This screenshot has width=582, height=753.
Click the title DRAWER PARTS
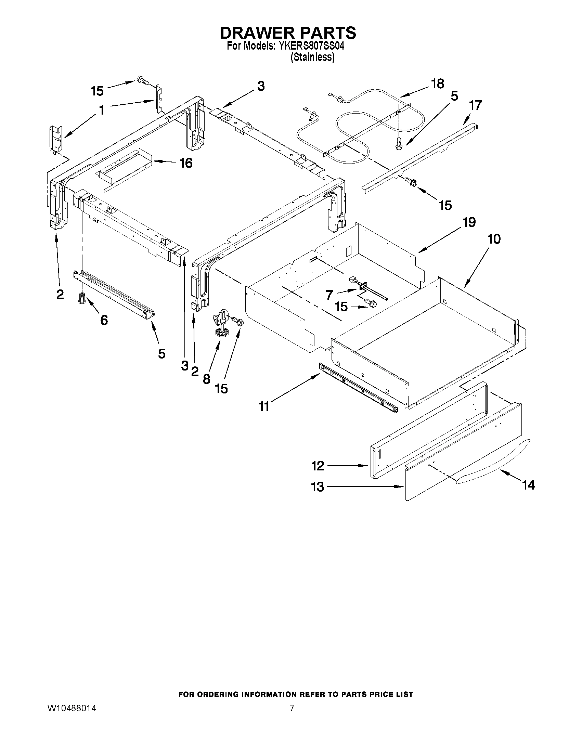point(288,33)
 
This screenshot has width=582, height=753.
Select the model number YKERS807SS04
point(309,46)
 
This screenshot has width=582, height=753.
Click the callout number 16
point(186,163)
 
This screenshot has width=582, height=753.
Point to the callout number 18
point(438,84)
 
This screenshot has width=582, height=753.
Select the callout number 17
point(476,105)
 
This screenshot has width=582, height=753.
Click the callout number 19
point(469,222)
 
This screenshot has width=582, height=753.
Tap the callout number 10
point(494,239)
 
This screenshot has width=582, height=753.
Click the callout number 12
point(318,466)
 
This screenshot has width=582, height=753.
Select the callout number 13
point(318,487)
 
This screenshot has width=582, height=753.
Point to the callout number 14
point(528,485)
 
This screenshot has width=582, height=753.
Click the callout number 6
point(104,320)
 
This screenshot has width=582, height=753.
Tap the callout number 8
point(206,379)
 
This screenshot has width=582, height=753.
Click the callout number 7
point(329,295)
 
